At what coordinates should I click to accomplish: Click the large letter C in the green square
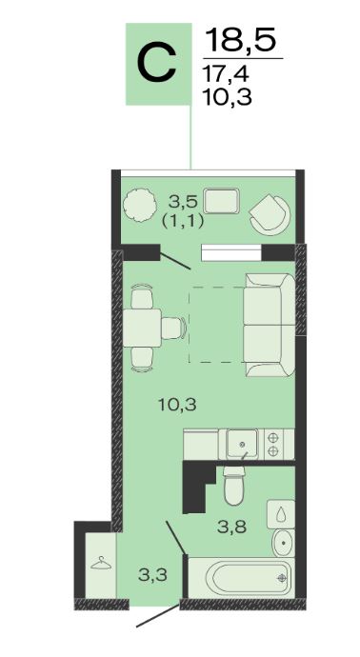click(x=157, y=64)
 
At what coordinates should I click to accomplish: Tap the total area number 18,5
click(x=241, y=39)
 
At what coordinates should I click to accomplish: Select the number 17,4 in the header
click(x=227, y=74)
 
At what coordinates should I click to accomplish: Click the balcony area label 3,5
click(x=182, y=202)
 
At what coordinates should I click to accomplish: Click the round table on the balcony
click(x=140, y=206)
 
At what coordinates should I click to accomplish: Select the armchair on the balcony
click(x=270, y=213)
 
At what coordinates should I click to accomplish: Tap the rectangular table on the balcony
click(x=222, y=201)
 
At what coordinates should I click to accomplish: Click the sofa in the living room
click(x=270, y=325)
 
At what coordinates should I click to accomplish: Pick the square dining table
click(x=142, y=328)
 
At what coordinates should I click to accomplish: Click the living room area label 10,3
click(x=178, y=405)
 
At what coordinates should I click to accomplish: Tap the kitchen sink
click(x=243, y=444)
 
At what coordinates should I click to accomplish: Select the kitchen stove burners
click(x=273, y=444)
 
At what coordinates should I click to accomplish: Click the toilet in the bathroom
click(x=234, y=486)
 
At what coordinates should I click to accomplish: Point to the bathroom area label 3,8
click(x=231, y=528)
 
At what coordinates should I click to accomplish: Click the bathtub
click(x=241, y=578)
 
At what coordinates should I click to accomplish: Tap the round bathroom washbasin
click(x=283, y=542)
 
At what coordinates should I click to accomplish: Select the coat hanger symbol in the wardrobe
click(x=101, y=563)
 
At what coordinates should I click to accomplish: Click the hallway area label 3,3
click(x=153, y=575)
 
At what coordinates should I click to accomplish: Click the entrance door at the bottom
click(x=158, y=615)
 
